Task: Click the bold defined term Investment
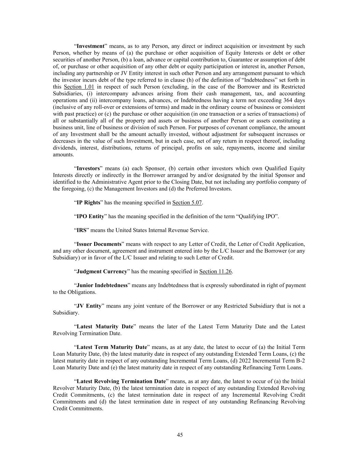(x=90, y=46)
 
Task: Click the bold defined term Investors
(x=88, y=168)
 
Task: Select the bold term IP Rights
(x=88, y=203)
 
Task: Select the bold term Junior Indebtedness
(x=102, y=285)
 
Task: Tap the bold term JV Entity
(x=89, y=306)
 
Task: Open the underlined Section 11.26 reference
(x=215, y=272)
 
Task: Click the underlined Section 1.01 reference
(x=79, y=87)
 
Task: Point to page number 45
(x=180, y=435)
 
